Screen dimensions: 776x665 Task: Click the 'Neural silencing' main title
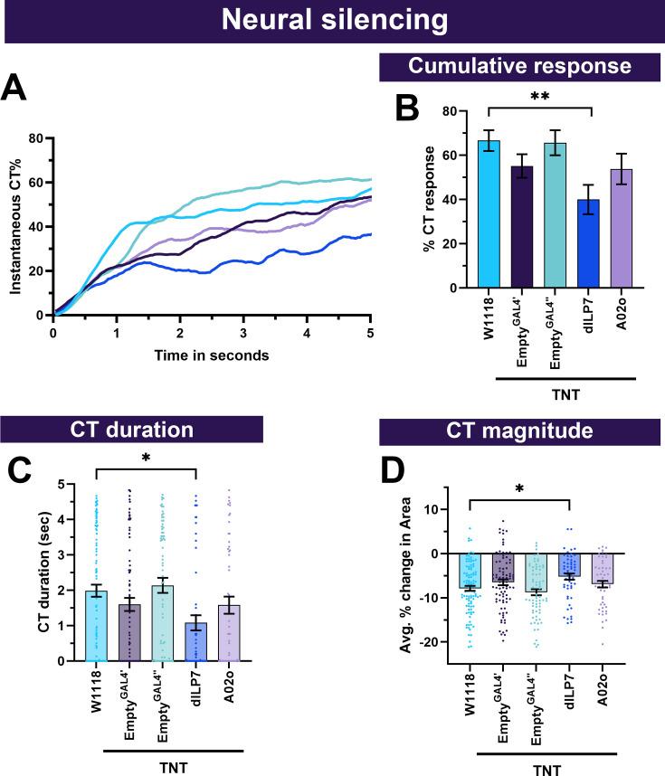click(332, 21)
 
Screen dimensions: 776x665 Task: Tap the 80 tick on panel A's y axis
click(36, 138)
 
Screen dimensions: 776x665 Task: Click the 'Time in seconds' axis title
click(212, 355)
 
